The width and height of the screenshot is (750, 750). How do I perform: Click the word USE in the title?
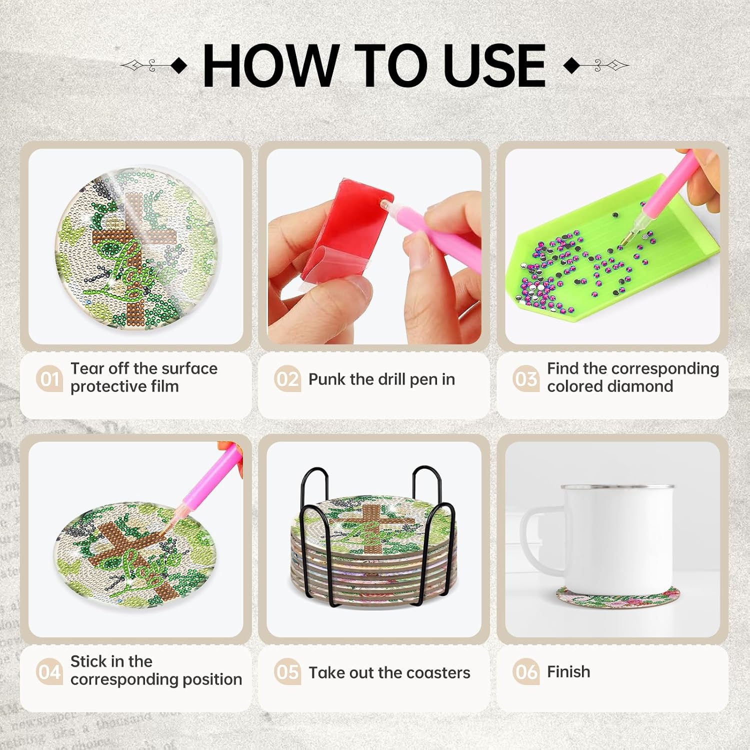click(494, 65)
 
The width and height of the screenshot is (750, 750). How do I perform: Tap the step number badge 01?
click(49, 378)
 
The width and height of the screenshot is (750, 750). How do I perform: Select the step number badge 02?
click(287, 379)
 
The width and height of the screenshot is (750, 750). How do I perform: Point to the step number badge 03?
click(526, 378)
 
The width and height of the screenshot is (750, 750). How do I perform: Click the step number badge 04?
click(49, 671)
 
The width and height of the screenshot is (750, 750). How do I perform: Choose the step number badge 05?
click(287, 672)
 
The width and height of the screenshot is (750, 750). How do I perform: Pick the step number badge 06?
click(526, 671)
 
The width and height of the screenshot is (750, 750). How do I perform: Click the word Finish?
click(568, 671)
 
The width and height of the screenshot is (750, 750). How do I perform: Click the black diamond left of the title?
click(179, 65)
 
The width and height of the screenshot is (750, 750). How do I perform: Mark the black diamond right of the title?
click(571, 65)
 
